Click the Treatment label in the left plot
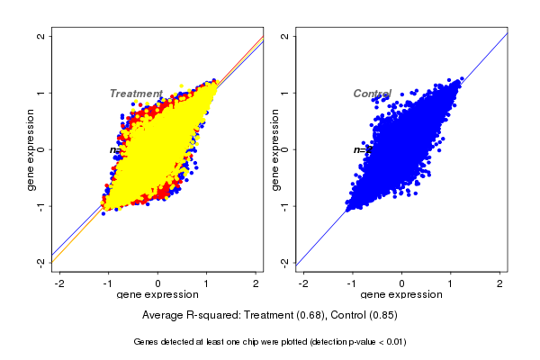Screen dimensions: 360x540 click(135, 94)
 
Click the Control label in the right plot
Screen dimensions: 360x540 click(372, 94)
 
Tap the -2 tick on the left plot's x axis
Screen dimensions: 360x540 click(59, 283)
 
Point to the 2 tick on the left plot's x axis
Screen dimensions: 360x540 click(256, 283)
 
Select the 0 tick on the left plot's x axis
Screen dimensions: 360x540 click(158, 283)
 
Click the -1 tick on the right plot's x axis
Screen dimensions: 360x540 click(352, 283)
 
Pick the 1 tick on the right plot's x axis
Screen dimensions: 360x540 click(451, 283)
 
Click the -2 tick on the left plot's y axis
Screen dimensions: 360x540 click(42, 262)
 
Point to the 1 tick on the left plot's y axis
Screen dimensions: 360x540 click(42, 93)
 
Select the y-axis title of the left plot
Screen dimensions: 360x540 click(31, 149)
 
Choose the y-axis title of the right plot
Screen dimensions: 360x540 click(275, 149)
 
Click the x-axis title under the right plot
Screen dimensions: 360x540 click(402, 295)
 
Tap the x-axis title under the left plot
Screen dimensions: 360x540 click(158, 295)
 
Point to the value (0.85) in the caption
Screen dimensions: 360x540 click(382, 316)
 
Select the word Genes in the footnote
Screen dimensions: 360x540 click(147, 342)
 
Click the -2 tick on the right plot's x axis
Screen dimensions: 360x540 click(303, 283)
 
